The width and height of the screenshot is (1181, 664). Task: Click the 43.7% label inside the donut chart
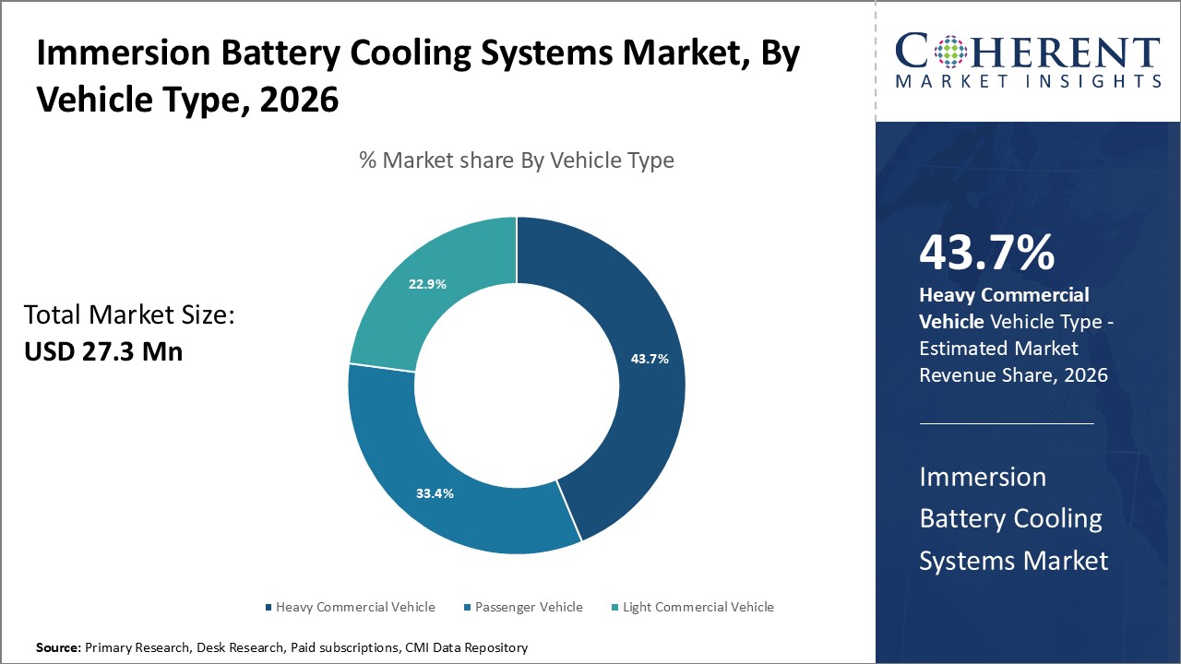[x=650, y=359]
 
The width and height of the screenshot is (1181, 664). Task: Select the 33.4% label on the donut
[x=435, y=493]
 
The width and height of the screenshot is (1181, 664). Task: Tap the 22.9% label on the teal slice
[x=427, y=284]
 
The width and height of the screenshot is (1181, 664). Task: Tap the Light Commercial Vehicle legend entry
[x=698, y=607]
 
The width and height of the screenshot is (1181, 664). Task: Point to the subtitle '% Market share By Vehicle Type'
[x=517, y=160]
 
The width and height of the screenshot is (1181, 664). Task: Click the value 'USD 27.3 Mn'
[x=103, y=350]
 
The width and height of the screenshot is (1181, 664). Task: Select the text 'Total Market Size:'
[x=129, y=315]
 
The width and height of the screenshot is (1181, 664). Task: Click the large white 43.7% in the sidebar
[x=986, y=253]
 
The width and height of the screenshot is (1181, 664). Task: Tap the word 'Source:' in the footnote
[x=58, y=648]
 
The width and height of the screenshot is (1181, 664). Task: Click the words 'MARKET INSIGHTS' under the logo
[x=1028, y=81]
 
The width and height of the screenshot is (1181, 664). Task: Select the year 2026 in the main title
[x=299, y=99]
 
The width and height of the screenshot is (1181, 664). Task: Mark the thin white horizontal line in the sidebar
[x=1007, y=424]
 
